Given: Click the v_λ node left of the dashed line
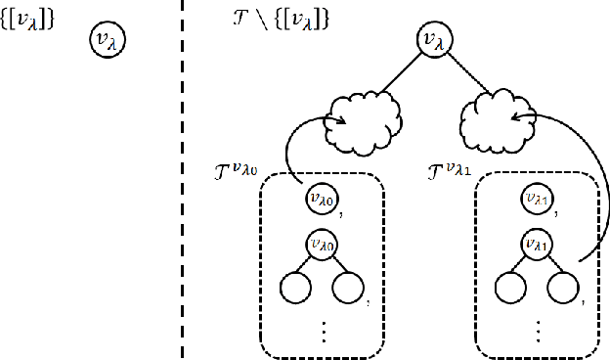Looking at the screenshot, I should [x=109, y=40].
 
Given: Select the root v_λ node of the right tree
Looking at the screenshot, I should [x=431, y=40].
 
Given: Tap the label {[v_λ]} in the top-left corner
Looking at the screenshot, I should [x=27, y=17].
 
